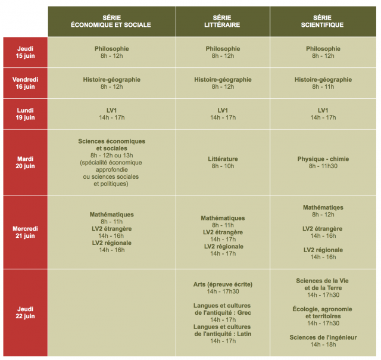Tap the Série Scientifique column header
tap(323, 21)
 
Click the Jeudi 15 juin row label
tap(26, 52)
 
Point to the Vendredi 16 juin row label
tap(26, 83)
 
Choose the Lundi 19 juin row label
tap(26, 114)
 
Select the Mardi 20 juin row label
tap(26, 162)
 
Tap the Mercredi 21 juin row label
tap(26, 232)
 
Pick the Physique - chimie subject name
tap(323, 159)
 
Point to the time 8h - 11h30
tap(323, 166)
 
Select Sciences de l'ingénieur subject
tap(323, 337)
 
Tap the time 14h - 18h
tap(323, 345)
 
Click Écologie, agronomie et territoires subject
tap(323, 312)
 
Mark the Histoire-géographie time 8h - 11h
tap(323, 86)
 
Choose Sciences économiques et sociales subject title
tap(111, 145)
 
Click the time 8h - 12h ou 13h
tap(111, 156)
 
